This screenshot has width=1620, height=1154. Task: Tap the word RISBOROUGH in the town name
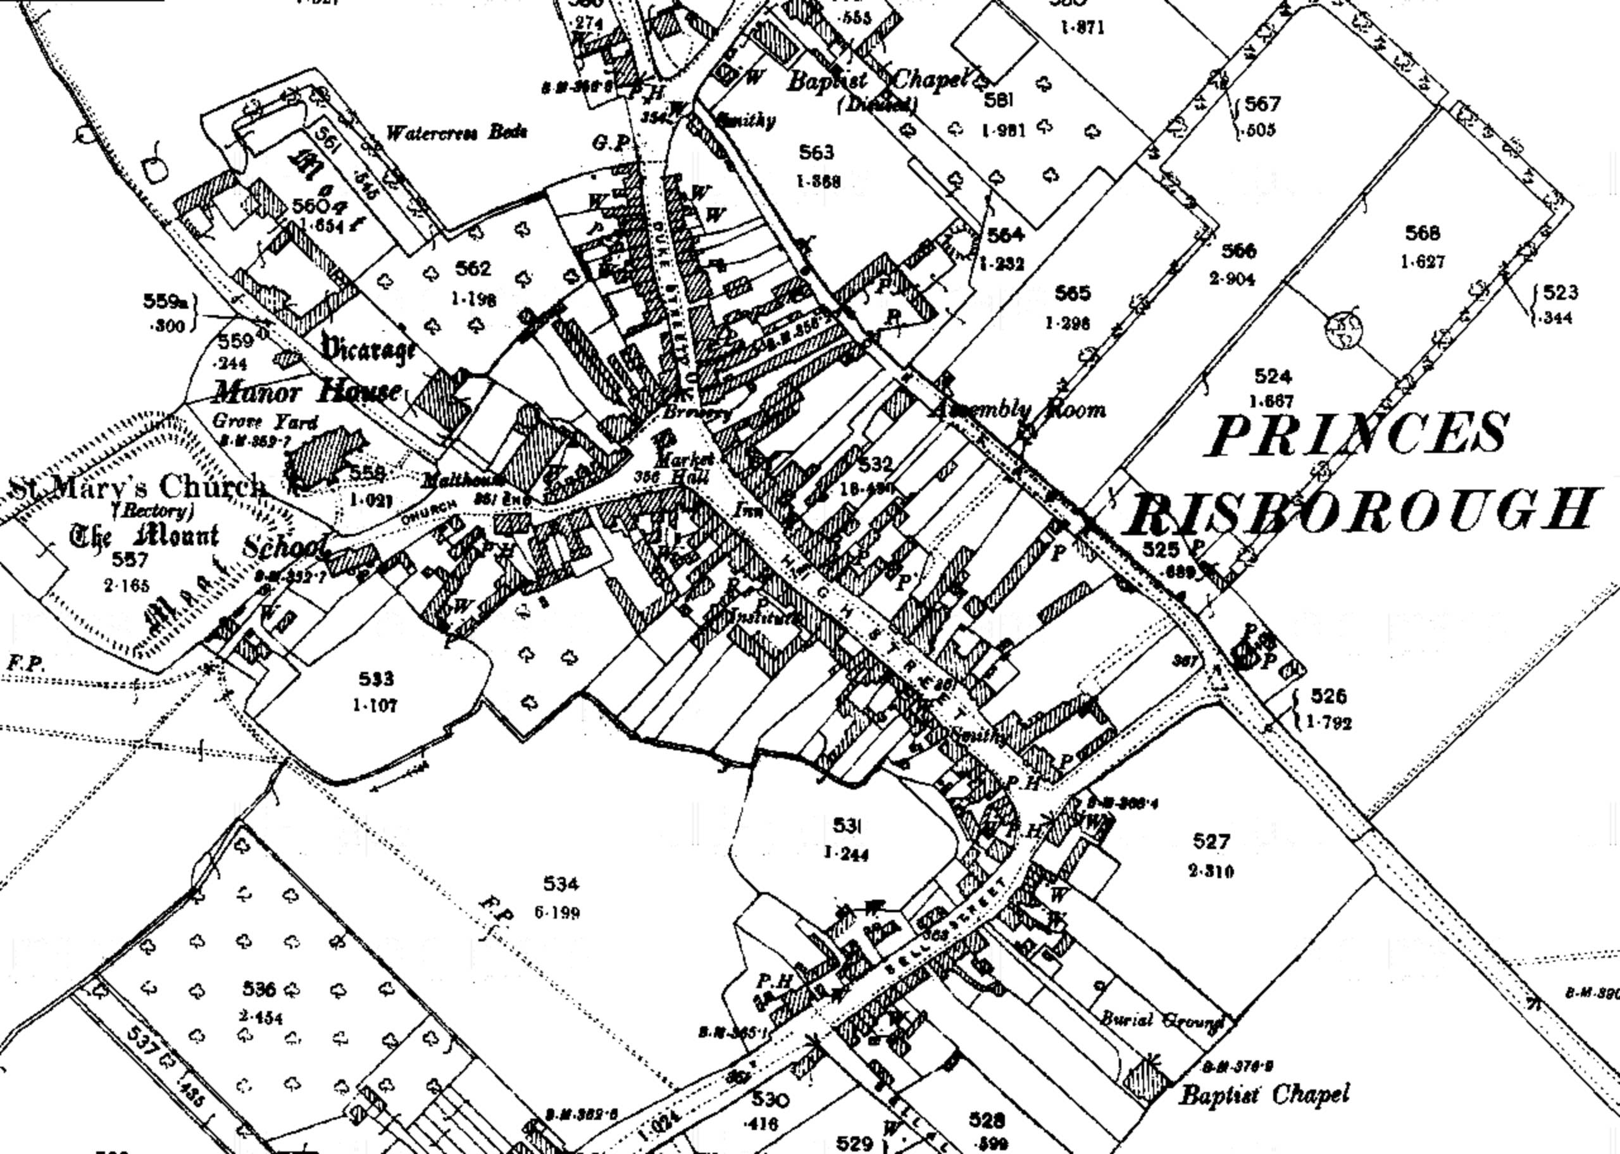tap(1361, 509)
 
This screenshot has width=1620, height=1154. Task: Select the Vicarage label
tap(368, 350)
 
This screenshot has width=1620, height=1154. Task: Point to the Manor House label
tap(307, 392)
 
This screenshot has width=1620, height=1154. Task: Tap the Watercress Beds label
tap(456, 133)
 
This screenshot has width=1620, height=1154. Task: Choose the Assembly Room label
tap(1019, 409)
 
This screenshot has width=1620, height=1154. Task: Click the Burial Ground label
tap(1162, 1021)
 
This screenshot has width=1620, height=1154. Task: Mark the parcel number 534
tap(561, 884)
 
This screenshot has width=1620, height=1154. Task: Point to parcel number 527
tap(1211, 842)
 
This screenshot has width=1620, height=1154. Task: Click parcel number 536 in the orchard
tap(259, 988)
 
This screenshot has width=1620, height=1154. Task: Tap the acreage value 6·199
tap(557, 912)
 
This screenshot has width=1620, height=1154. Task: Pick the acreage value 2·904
tap(1232, 278)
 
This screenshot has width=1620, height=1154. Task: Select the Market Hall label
tap(678, 468)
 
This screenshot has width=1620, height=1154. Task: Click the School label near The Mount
tap(284, 547)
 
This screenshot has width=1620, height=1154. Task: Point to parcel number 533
tap(376, 679)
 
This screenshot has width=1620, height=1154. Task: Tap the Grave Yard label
tap(265, 421)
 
